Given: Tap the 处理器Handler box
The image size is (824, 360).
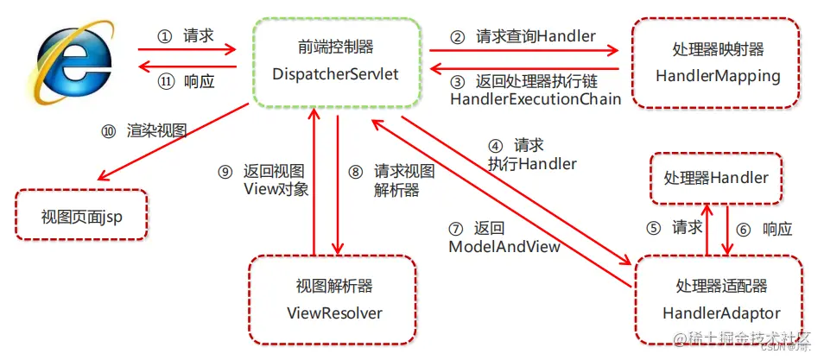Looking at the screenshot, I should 715,179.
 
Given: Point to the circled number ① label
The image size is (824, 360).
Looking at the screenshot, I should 165,37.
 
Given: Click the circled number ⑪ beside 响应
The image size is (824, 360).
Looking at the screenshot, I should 165,82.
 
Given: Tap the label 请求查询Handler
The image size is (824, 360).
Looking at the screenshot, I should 536,37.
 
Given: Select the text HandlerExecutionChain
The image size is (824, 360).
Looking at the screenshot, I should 536,99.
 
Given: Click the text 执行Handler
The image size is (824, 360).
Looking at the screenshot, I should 532,162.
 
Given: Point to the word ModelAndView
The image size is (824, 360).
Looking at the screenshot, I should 504,247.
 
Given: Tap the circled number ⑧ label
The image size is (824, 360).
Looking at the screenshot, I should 355,171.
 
